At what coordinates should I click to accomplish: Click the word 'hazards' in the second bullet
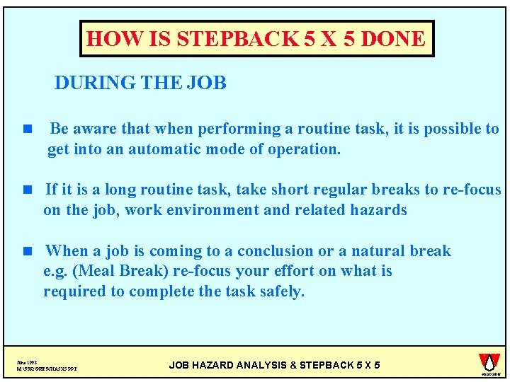(x=380, y=210)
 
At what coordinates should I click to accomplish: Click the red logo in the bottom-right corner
(x=489, y=362)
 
